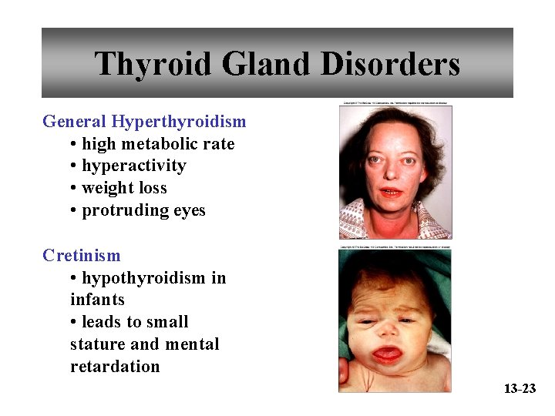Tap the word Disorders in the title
pyautogui.click(x=389, y=64)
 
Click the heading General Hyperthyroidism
pyautogui.click(x=144, y=122)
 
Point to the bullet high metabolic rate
pyautogui.click(x=157, y=144)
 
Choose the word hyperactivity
pyautogui.click(x=133, y=166)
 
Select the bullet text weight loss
pyautogui.click(x=123, y=189)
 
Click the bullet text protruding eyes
pyautogui.click(x=143, y=211)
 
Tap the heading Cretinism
pyautogui.click(x=82, y=256)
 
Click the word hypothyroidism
pyautogui.click(x=144, y=278)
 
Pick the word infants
pyautogui.click(x=97, y=300)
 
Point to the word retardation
pyautogui.click(x=115, y=367)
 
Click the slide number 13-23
pyautogui.click(x=520, y=389)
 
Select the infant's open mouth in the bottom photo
pyautogui.click(x=388, y=355)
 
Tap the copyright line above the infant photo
pyautogui.click(x=395, y=248)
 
